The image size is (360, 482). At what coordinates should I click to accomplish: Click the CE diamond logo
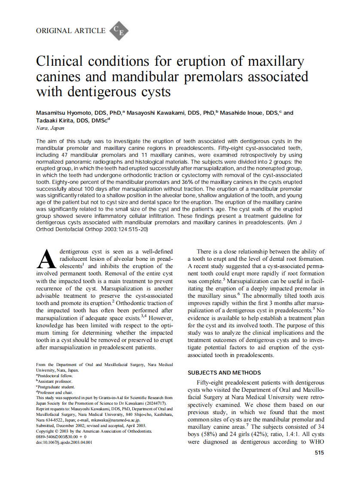coord(119,31)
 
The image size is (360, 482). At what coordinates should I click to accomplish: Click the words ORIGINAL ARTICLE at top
coord(70,31)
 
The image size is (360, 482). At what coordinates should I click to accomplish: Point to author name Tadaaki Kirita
coord(54,121)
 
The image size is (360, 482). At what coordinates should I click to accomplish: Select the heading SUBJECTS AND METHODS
coord(224,372)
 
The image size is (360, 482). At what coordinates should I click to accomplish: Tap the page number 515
coord(319,453)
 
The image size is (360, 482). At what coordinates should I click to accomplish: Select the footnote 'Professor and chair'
coord(55,392)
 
